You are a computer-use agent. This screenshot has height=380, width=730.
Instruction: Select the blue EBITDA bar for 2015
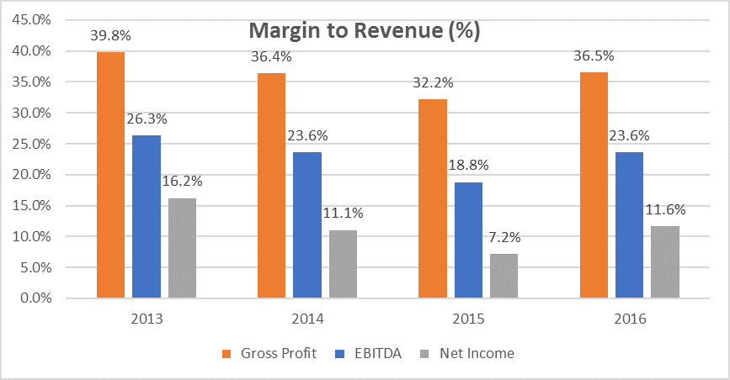click(469, 240)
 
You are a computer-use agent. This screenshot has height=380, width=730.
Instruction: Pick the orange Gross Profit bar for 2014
click(272, 185)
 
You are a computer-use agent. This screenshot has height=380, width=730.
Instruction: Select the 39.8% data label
click(110, 36)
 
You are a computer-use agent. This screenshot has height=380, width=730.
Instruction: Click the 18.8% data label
click(470, 166)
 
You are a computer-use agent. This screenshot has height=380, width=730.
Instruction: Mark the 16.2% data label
click(182, 182)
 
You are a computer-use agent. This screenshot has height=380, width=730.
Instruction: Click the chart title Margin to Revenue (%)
click(364, 32)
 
